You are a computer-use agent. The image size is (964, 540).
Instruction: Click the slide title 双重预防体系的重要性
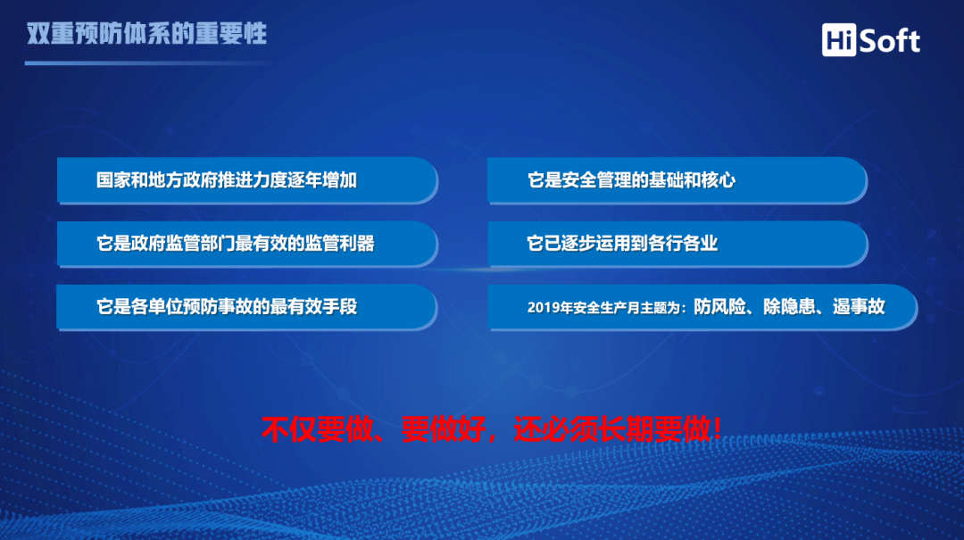point(146,34)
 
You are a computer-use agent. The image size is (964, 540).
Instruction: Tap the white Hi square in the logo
point(838,40)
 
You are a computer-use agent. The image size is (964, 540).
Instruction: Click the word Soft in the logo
point(889,41)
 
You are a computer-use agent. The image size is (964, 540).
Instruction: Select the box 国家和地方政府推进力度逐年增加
point(247,180)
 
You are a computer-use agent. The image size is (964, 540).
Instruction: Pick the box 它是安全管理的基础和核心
point(677,180)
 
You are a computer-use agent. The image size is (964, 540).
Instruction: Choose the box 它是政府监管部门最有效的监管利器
point(247,244)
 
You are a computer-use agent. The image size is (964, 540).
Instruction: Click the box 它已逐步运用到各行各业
point(677,244)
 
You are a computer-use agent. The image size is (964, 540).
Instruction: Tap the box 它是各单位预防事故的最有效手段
point(247,307)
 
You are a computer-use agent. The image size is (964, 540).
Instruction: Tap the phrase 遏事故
point(859,306)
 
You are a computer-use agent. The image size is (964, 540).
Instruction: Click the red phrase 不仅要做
point(317,429)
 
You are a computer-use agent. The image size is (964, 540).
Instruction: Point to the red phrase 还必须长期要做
point(611,429)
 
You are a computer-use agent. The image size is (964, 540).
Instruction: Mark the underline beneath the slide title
point(147,62)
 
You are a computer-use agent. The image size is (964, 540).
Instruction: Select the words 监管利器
point(339,244)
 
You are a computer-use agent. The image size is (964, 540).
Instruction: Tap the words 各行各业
point(683,244)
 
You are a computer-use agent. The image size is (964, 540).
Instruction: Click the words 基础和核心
point(693,180)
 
